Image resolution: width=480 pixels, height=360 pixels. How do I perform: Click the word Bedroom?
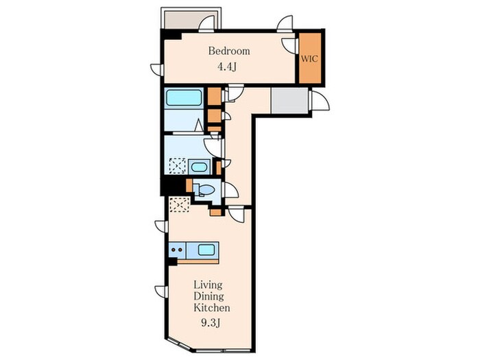tap(229, 51)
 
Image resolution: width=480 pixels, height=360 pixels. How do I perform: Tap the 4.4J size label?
tap(227, 67)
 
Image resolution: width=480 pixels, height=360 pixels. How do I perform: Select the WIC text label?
tap(309, 59)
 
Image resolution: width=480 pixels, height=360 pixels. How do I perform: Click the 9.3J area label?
tap(211, 323)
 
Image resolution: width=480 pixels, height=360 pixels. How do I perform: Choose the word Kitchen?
tap(212, 307)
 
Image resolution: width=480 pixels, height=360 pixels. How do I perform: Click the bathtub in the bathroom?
tap(184, 97)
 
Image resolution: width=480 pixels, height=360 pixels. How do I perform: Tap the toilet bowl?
tap(205, 190)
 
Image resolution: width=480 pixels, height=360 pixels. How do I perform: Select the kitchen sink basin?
tap(206, 250)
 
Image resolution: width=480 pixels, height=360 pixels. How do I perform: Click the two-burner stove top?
tap(177, 250)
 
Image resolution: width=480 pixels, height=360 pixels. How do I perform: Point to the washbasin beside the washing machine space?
tap(199, 167)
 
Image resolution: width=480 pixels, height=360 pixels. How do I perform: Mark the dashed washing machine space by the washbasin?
tap(178, 166)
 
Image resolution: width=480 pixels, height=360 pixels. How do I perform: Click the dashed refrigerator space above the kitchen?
tap(180, 204)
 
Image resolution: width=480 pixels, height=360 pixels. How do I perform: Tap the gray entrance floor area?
tap(289, 101)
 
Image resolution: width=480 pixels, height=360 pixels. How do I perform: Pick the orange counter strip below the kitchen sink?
tap(198, 261)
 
